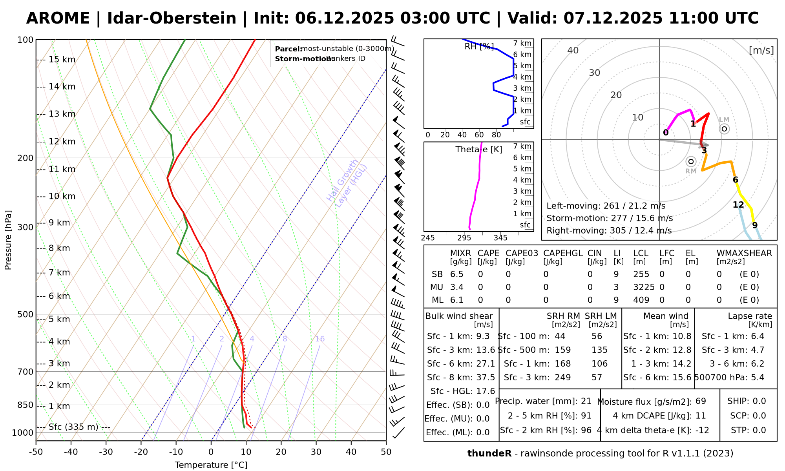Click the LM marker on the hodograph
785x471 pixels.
coord(724,129)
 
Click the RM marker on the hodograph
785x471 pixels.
coord(691,161)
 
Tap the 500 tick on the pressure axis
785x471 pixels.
coord(26,314)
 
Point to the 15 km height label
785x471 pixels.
coord(62,60)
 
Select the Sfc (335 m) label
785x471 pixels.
coord(73,427)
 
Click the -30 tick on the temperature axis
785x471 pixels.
coord(106,452)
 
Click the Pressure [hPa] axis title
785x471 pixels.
coord(8,240)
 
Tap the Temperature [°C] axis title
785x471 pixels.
coord(211,465)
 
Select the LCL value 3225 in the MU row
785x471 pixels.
coord(644,287)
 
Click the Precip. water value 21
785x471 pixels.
coord(586,401)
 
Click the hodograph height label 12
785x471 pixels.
coord(738,205)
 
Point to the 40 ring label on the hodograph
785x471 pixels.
coord(573,50)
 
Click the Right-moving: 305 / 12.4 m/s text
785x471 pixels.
coord(609,231)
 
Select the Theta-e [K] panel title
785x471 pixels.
coord(478,150)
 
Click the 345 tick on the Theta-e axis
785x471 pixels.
coord(500,238)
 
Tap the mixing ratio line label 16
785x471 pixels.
coord(320,339)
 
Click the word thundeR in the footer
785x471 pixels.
coord(489,454)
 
